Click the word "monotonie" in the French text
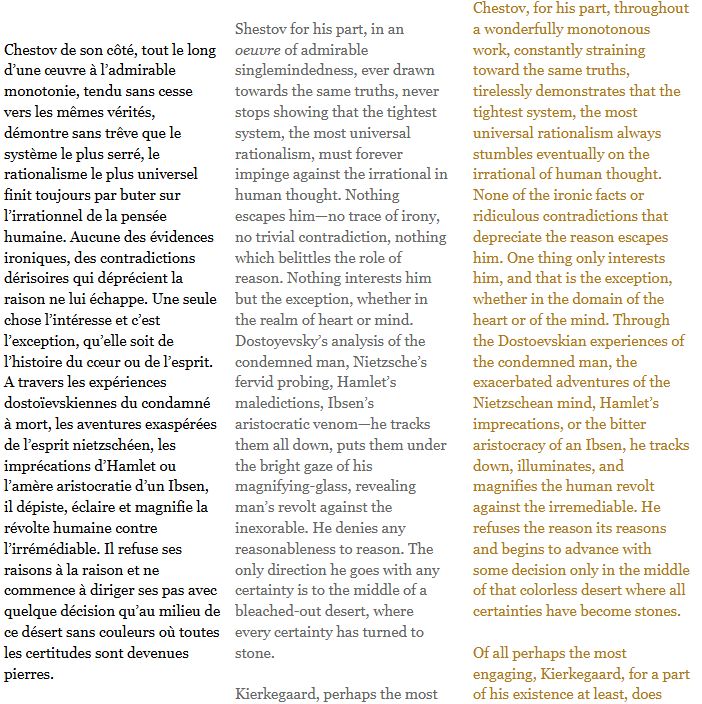click(40, 90)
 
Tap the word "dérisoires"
click(41, 278)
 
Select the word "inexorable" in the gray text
click(275, 527)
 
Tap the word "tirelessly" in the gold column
click(507, 91)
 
